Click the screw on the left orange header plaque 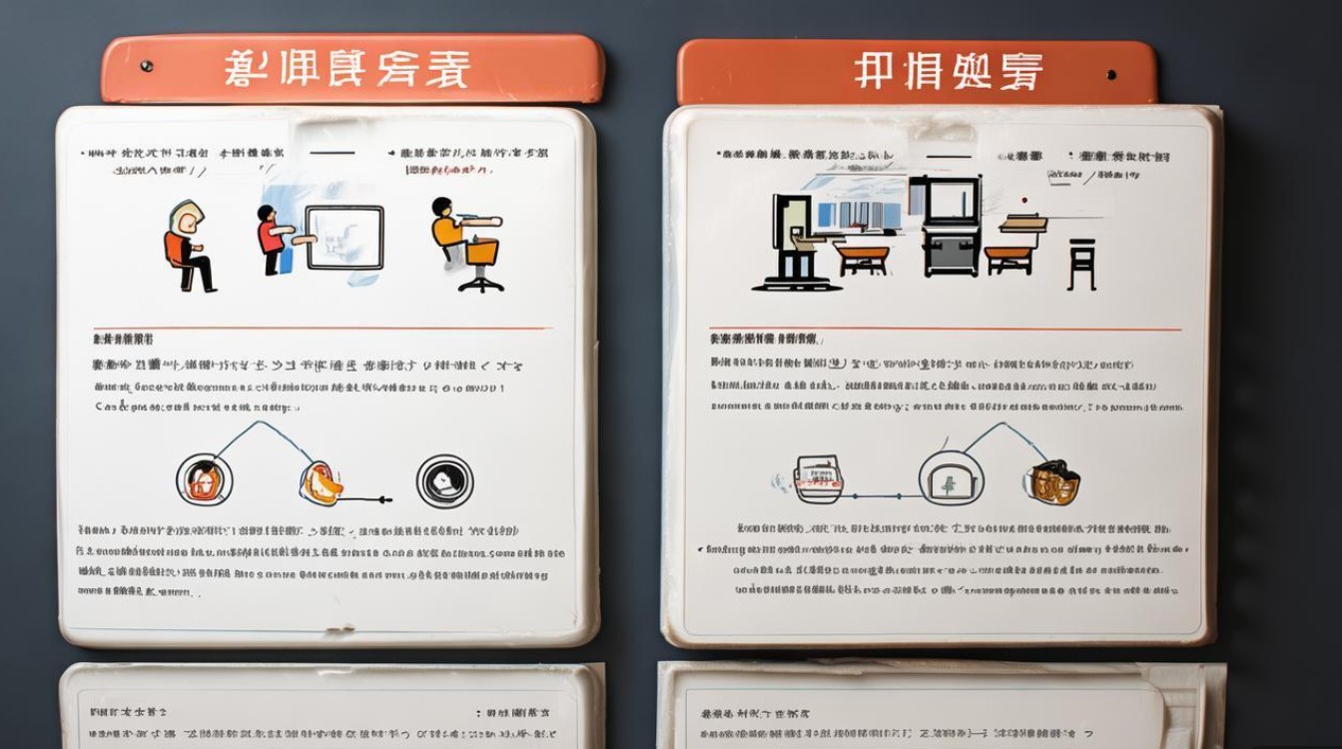147,66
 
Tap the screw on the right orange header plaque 1111,74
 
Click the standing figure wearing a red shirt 271,239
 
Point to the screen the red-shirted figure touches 344,238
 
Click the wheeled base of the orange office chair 481,283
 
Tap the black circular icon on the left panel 444,480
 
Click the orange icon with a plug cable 322,482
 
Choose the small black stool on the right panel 1081,264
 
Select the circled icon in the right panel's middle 951,477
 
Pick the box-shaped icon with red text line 818,478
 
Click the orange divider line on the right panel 945,330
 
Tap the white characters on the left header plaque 346,70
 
